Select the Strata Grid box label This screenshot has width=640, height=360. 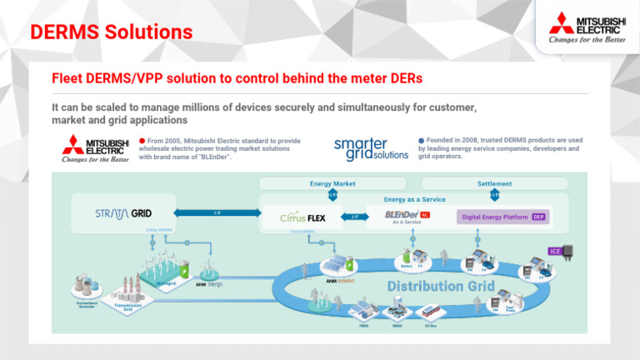pos(122,213)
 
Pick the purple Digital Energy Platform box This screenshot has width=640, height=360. pos(502,217)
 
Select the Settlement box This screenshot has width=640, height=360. pos(494,183)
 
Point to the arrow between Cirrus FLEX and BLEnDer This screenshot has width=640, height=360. pos(354,217)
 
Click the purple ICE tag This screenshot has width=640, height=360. pos(554,251)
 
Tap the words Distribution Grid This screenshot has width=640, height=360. pos(436,287)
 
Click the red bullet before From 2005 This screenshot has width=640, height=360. pos(142,141)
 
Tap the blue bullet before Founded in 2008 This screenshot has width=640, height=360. pos(422,141)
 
